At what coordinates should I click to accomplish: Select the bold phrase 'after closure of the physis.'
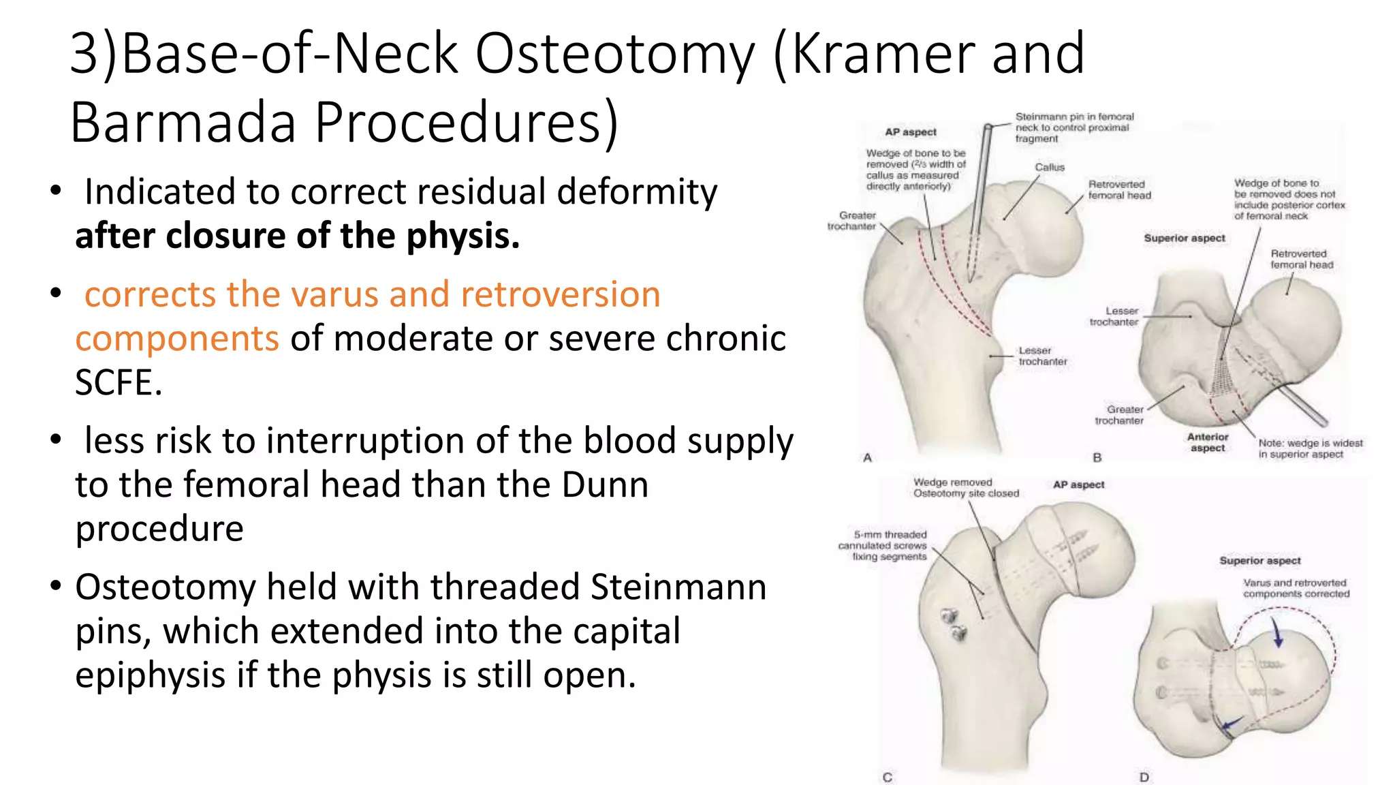(x=297, y=236)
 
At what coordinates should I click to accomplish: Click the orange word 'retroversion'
(x=560, y=294)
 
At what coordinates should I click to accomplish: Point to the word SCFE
(x=118, y=382)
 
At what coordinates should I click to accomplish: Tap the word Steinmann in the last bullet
(x=678, y=587)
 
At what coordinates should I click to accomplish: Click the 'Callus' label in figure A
(x=1049, y=168)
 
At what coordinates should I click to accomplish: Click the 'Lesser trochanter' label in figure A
(x=1042, y=356)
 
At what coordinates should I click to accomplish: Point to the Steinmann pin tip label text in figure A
(x=1074, y=127)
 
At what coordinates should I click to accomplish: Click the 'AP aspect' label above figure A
(x=910, y=132)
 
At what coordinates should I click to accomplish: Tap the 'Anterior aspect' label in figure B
(x=1207, y=442)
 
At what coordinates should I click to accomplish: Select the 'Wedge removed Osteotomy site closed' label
(x=966, y=488)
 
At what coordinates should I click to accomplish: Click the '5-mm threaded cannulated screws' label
(x=883, y=546)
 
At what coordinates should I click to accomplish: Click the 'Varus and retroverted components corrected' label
(x=1296, y=588)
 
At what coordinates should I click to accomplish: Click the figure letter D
(x=1144, y=777)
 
